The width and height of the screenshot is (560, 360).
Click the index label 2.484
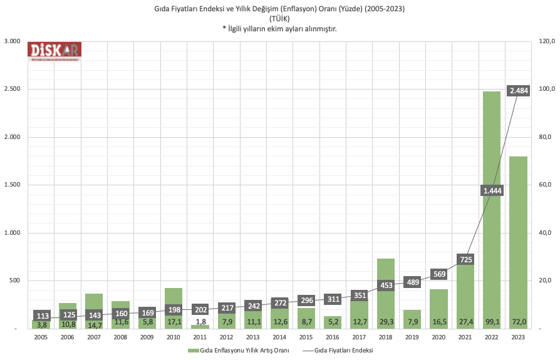click(x=519, y=91)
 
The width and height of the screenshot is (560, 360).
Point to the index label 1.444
click(x=492, y=190)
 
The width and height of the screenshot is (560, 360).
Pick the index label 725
click(x=465, y=259)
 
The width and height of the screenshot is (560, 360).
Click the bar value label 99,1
click(x=492, y=321)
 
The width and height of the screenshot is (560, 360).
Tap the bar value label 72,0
click(x=519, y=321)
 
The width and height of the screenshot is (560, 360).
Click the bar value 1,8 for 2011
click(x=200, y=321)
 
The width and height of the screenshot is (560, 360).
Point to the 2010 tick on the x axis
click(x=174, y=336)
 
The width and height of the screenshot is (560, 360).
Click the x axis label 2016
click(x=333, y=336)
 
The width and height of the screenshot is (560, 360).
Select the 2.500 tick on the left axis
click(x=12, y=89)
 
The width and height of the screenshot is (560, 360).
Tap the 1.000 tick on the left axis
click(x=12, y=233)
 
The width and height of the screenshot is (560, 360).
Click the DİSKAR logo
click(x=54, y=51)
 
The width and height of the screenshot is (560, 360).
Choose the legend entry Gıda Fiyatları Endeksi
click(x=344, y=350)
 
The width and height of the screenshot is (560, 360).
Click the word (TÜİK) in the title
click(x=279, y=18)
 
